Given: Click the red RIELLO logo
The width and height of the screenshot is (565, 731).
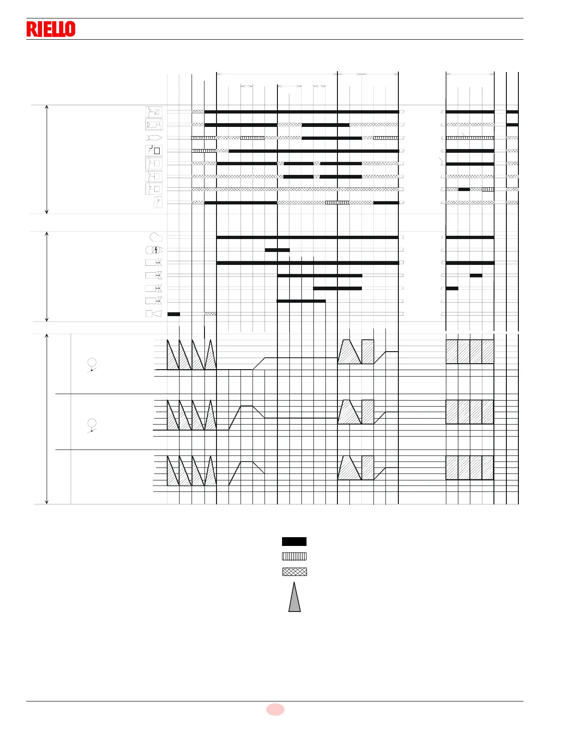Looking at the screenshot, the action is (x=51, y=29).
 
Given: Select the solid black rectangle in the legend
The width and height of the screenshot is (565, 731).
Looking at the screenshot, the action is (x=294, y=541).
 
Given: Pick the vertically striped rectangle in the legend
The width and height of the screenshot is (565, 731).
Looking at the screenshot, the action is (x=294, y=556).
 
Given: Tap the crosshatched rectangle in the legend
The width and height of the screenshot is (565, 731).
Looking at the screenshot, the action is (x=294, y=571).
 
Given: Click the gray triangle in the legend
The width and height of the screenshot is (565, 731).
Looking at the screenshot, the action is (x=295, y=598).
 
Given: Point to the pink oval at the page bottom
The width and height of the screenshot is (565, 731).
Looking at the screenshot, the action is (x=275, y=709).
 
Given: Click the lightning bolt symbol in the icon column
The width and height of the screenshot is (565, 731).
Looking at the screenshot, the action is (x=156, y=250).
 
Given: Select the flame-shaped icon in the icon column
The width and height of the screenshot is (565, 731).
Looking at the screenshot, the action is (x=154, y=138).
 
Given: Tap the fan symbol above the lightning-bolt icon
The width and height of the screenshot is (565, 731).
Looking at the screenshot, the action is (x=156, y=237).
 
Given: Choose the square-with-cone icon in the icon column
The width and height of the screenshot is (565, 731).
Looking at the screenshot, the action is (x=154, y=314).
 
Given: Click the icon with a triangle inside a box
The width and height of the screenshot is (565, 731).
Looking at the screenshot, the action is (x=154, y=125).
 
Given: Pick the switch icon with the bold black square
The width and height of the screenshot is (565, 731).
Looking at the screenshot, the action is (x=154, y=150).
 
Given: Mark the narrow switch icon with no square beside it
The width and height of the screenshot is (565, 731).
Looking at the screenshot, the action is (x=158, y=202).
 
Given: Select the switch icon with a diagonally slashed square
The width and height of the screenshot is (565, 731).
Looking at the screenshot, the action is (x=154, y=112).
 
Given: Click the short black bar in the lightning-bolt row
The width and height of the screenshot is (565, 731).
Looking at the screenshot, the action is (x=277, y=250).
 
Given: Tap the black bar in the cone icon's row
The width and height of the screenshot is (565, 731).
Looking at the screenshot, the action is (x=174, y=314).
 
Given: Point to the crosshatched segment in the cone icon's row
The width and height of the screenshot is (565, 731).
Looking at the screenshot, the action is (x=210, y=314).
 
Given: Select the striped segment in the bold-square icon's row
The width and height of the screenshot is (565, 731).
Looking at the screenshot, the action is (x=204, y=151).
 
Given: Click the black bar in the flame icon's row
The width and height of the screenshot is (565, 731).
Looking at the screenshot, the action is (x=331, y=138).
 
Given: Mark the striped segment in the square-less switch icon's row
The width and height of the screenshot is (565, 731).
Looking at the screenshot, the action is (x=337, y=203).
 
